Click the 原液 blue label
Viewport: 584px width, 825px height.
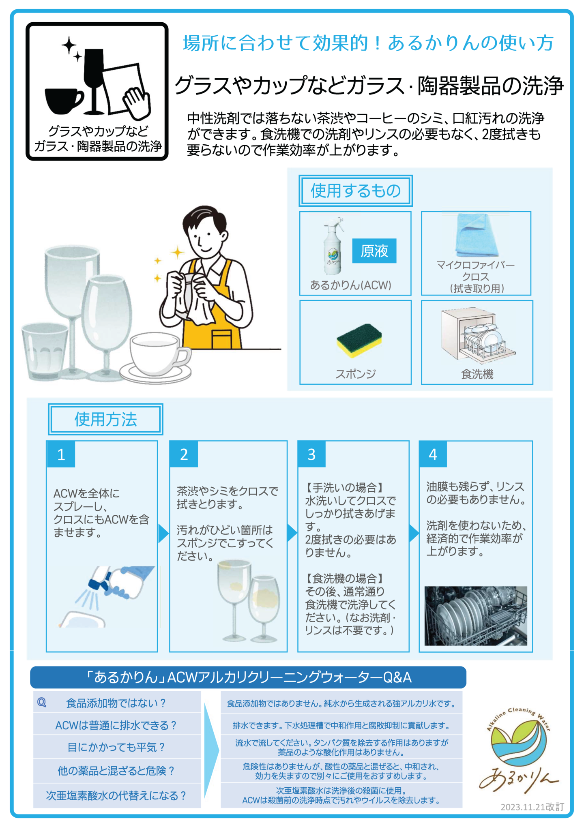coord(374,251)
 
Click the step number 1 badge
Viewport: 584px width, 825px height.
coord(61,454)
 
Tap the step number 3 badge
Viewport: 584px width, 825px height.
coord(311,454)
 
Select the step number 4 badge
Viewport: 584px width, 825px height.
coord(433,454)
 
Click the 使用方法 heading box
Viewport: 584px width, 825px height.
coord(105,419)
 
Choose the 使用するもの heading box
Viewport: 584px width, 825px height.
coord(356,191)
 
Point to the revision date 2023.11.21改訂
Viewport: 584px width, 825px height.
coord(532,807)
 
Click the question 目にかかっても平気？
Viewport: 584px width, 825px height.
coord(116,747)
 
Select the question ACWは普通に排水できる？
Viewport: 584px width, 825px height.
coord(116,725)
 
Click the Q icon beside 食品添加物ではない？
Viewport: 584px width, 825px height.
coord(42,703)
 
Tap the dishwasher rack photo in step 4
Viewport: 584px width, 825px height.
coord(476,615)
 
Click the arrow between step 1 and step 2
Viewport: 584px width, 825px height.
coord(163,534)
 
